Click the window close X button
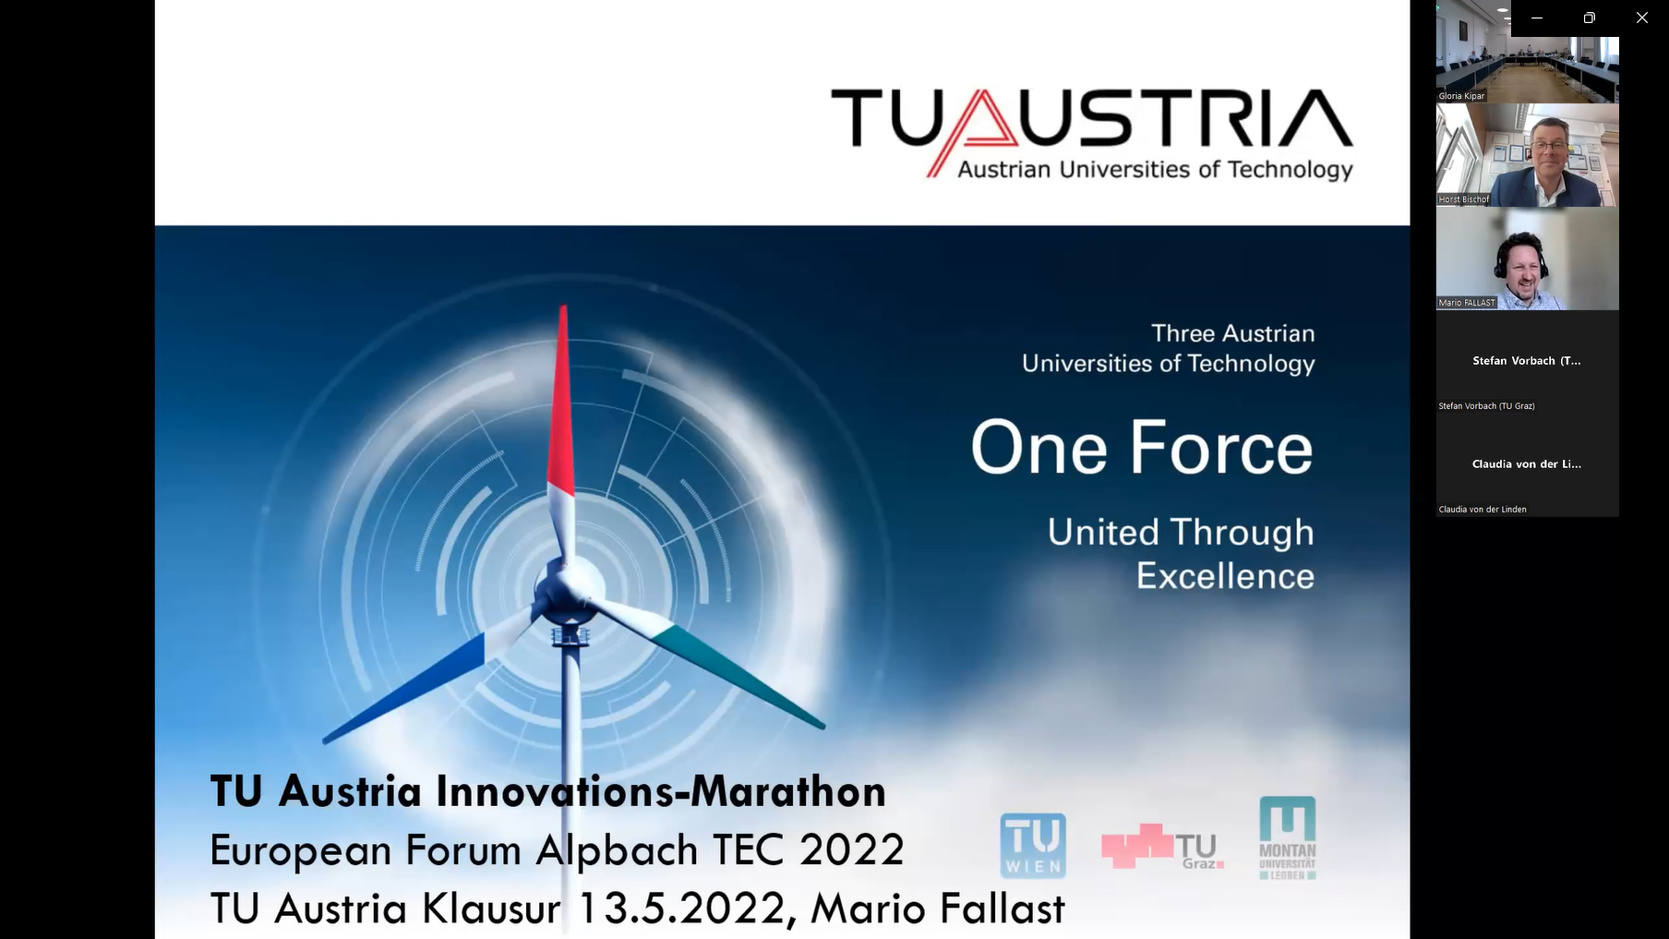[1641, 18]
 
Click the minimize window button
[1537, 18]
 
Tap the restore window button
[1589, 18]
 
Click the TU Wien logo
[1033, 845]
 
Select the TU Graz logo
[1162, 846]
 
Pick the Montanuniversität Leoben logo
[1288, 837]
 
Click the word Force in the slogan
[1221, 448]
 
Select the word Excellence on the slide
[1225, 576]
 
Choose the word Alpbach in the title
[617, 849]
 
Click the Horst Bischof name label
[1464, 199]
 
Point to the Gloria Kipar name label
[1461, 96]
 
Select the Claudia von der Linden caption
[1483, 510]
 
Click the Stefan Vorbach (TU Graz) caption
[1486, 406]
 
